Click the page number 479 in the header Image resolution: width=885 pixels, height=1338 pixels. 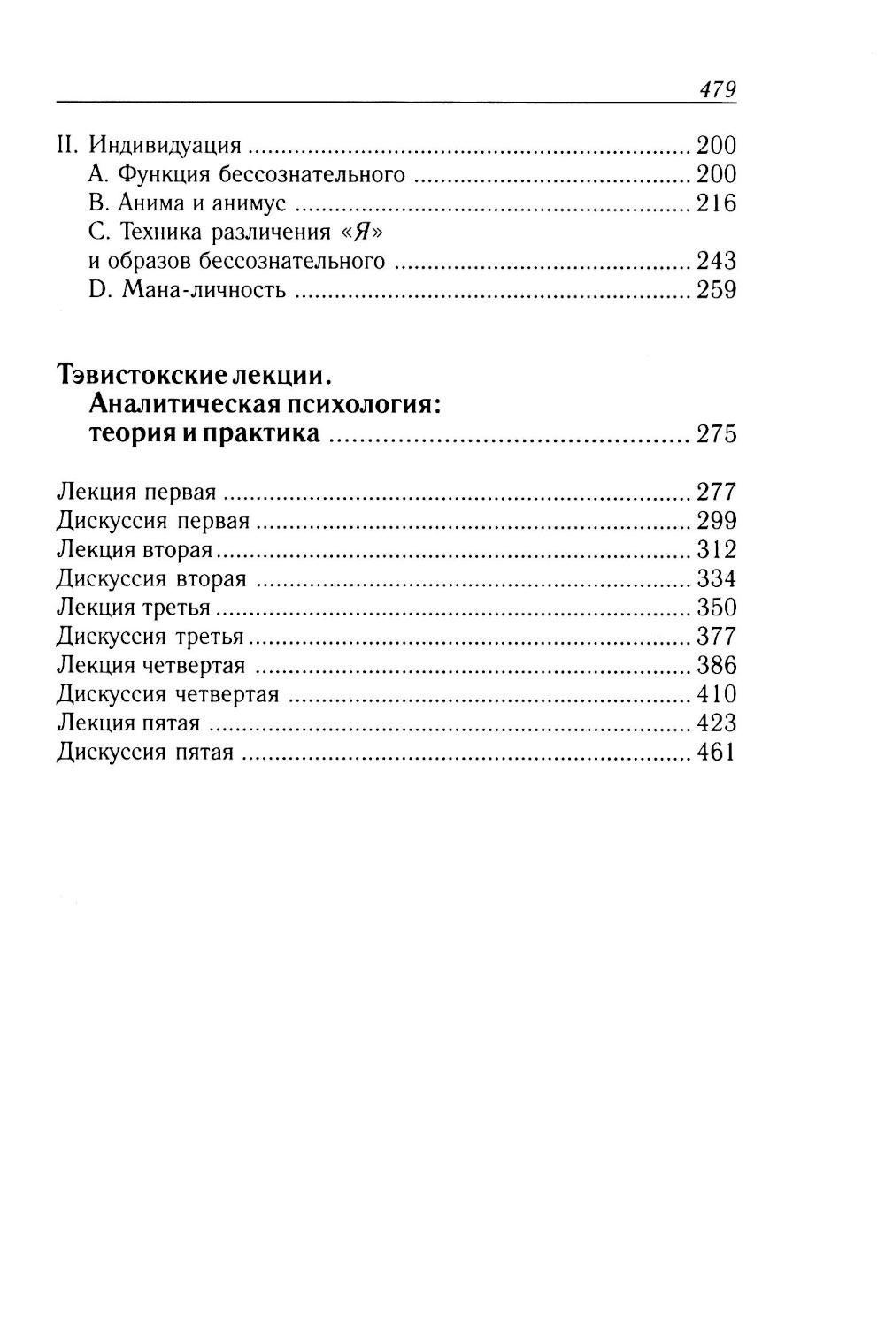717,90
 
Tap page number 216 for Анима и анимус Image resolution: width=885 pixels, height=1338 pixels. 716,203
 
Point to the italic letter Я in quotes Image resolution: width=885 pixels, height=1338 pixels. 366,233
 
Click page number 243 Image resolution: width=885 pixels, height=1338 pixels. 716,261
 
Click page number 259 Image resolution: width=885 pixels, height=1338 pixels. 716,290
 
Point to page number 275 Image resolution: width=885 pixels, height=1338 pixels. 716,435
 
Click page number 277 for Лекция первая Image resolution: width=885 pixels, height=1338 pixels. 716,492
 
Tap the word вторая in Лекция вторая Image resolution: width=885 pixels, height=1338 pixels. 177,550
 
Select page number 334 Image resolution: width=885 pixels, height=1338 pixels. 716,579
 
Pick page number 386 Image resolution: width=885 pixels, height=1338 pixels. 716,665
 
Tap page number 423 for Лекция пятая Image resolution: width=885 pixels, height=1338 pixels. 716,723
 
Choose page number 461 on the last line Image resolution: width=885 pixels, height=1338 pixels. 716,753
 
